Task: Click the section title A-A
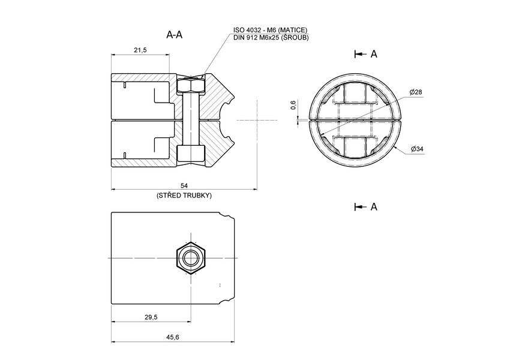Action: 174,35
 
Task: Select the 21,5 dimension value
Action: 140,50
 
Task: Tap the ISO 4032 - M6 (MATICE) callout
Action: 271,30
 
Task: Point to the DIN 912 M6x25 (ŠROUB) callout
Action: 271,38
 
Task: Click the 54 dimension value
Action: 184,186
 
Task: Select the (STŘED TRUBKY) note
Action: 184,196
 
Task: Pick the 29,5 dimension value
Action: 151,317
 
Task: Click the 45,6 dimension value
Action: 172,338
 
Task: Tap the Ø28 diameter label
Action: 416,92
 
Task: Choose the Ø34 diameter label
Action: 417,148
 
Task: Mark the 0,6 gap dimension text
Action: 293,105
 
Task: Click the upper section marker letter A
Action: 374,54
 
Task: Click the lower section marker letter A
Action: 374,206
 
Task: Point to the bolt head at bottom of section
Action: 191,154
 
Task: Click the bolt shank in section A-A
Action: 191,120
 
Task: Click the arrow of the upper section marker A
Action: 360,54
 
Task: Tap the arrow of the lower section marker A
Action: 360,206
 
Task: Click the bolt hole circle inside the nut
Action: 191,258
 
